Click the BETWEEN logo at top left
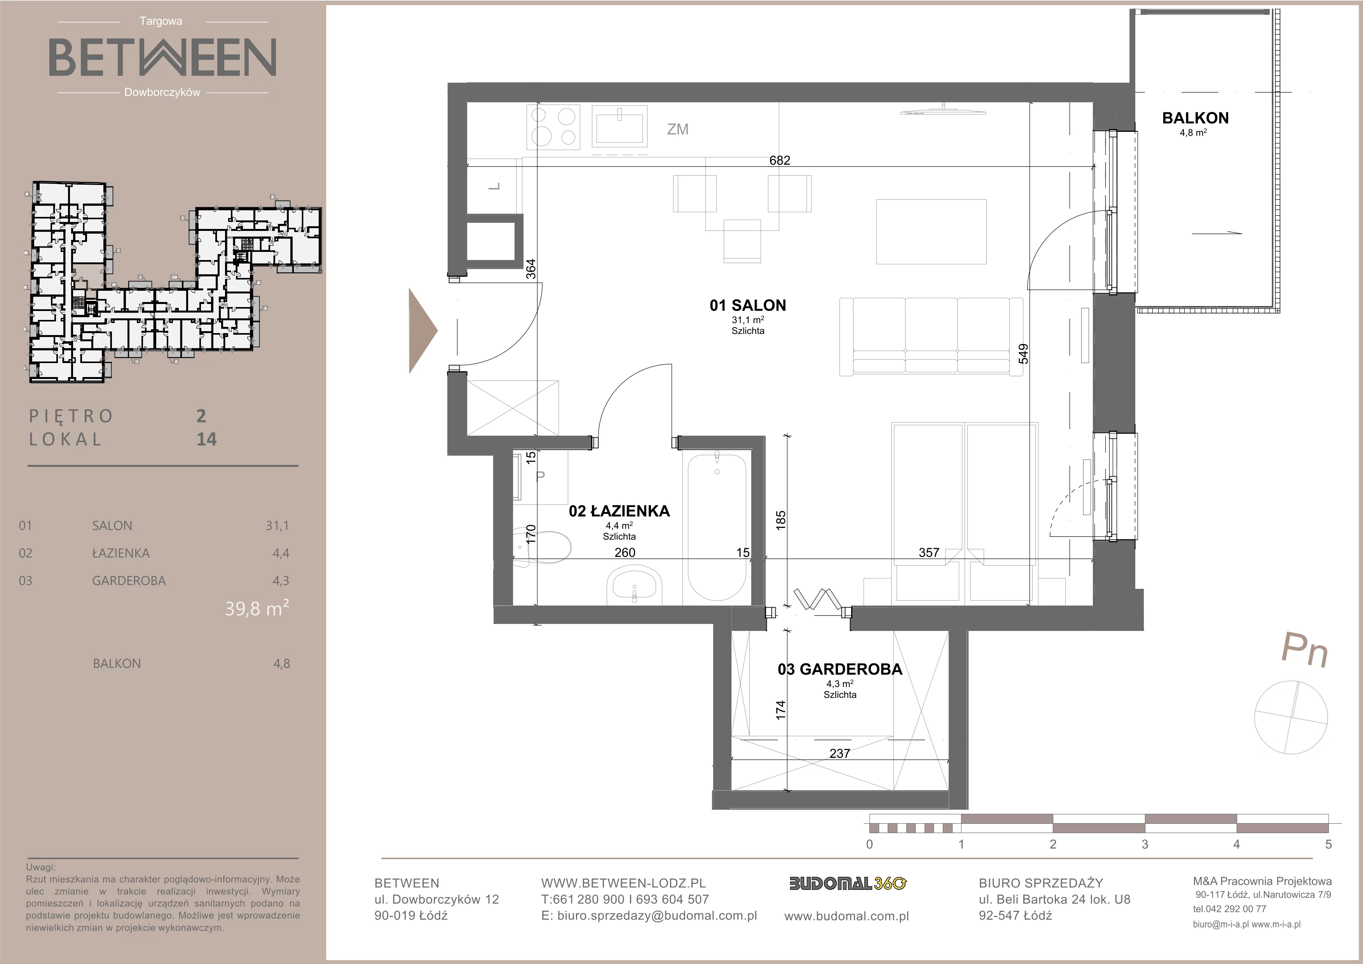coord(162,57)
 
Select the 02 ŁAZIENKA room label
coord(619,511)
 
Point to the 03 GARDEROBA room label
coord(839,670)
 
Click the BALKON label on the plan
coord(1195,118)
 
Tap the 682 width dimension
coord(780,160)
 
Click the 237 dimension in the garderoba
coord(839,753)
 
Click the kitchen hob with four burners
coord(553,127)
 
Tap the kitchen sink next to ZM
coord(619,126)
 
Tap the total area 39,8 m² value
coord(257,608)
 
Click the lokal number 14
coord(207,439)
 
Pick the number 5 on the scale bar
coord(1328,844)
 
